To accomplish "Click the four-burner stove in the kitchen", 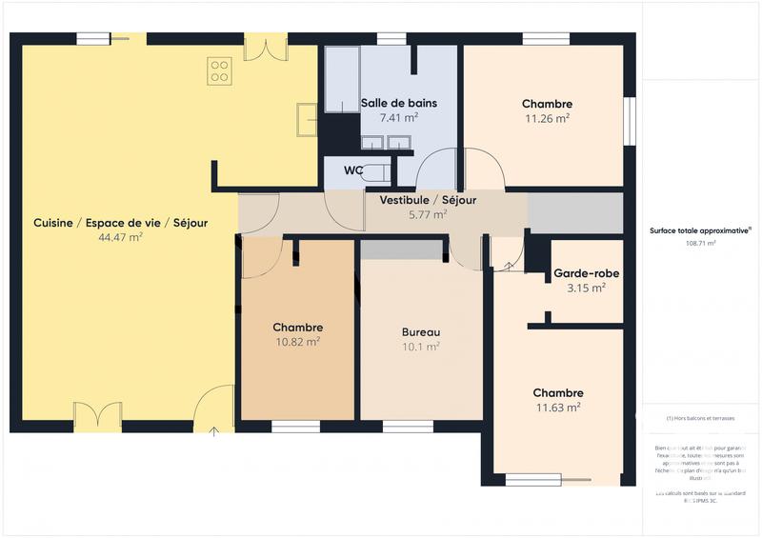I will pyautogui.click(x=220, y=70).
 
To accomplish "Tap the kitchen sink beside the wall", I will pyautogui.click(x=307, y=119).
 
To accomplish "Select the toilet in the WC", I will pyautogui.click(x=378, y=172).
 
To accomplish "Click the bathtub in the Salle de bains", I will pyautogui.click(x=340, y=81).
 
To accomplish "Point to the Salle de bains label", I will pyautogui.click(x=398, y=103).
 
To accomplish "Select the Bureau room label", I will pyautogui.click(x=420, y=332).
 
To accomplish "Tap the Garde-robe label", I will pyautogui.click(x=586, y=273).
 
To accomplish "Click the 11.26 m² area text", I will pyautogui.click(x=547, y=119).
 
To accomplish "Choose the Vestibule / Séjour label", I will pyautogui.click(x=428, y=200).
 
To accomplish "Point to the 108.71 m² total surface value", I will pyautogui.click(x=700, y=243).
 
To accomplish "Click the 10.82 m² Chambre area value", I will pyautogui.click(x=297, y=341).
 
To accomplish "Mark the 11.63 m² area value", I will pyautogui.click(x=558, y=408).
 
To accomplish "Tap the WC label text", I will pyautogui.click(x=352, y=171).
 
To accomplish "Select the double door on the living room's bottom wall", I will pyautogui.click(x=97, y=417).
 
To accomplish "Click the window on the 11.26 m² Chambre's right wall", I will pyautogui.click(x=629, y=121).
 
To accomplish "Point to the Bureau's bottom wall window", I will pyautogui.click(x=408, y=426).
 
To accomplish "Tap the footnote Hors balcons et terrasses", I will pyautogui.click(x=700, y=418).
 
